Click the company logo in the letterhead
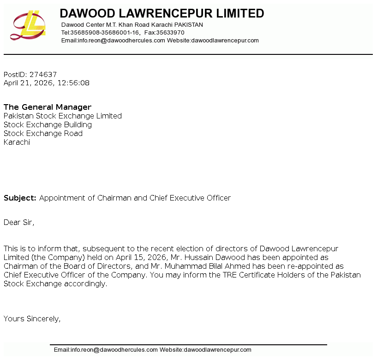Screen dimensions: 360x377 [x=28, y=25]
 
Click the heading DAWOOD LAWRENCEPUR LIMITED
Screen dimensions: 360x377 [x=162, y=13]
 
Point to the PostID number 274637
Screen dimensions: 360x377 [x=43, y=74]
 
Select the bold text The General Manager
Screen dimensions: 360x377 [x=48, y=107]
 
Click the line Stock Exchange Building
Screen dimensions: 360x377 [x=48, y=124]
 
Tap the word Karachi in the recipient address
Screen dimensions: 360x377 [x=17, y=142]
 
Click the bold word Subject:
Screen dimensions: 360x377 [x=20, y=198]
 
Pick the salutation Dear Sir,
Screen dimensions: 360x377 [x=19, y=222]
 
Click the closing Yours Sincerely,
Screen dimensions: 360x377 [x=32, y=319]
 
